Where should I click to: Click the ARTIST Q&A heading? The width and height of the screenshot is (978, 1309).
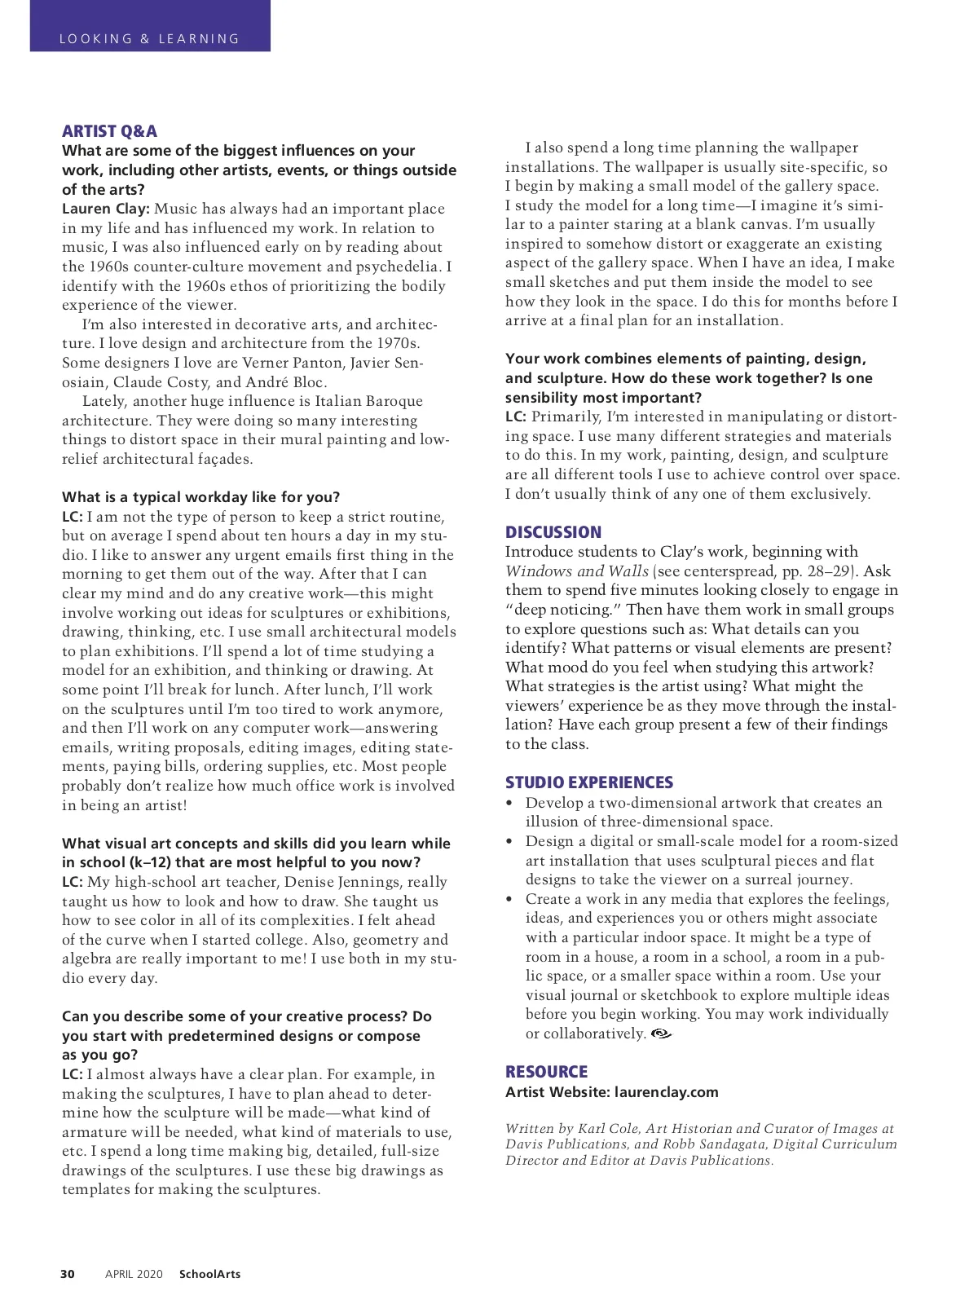coord(109,131)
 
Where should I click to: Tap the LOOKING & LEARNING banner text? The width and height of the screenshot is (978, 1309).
coord(149,38)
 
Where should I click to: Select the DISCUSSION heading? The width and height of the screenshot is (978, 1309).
coord(553,532)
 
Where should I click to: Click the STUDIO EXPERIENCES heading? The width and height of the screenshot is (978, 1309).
coord(589,782)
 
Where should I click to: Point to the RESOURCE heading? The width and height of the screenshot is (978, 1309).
coord(546,1072)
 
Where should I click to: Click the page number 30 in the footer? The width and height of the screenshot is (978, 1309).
coord(68,1274)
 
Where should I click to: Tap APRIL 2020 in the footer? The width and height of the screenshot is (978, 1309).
coord(134,1274)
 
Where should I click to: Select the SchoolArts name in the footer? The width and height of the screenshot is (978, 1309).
coord(209,1274)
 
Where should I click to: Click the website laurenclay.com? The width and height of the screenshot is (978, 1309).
coord(667,1092)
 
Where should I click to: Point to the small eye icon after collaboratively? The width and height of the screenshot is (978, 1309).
coord(662,1034)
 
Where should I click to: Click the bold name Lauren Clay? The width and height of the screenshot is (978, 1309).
coord(106,209)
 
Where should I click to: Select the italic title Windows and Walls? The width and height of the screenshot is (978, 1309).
coord(577,571)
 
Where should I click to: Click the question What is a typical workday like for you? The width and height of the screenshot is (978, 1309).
coord(200,497)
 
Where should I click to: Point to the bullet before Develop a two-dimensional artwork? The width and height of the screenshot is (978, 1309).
coord(510,803)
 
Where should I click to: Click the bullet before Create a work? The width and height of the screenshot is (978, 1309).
coord(510,899)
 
